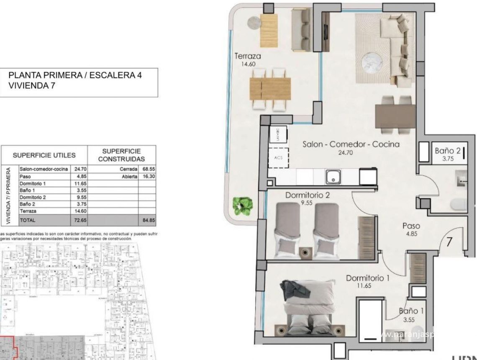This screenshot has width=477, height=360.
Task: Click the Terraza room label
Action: coord(248,56)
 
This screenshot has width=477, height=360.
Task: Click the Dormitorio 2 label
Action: coord(305,195)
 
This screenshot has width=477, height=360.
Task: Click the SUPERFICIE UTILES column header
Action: coord(44,155)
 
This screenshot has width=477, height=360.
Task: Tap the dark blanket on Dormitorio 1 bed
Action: coord(297,289)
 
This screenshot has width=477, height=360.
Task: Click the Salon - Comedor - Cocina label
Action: coord(351,144)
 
